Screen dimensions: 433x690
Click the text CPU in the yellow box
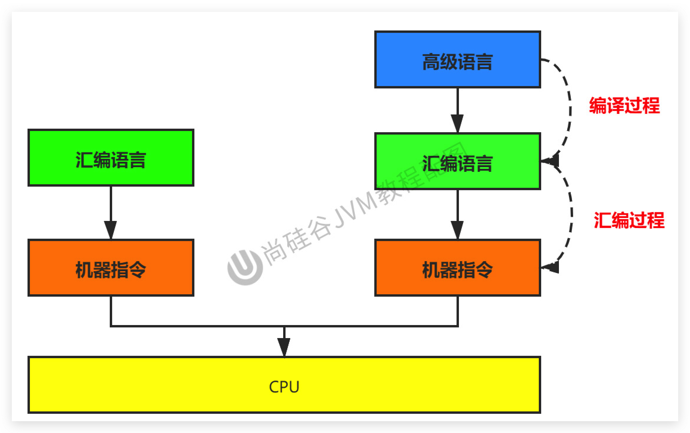click(x=284, y=387)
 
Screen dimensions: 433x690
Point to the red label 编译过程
click(x=624, y=106)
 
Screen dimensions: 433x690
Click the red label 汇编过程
click(x=629, y=220)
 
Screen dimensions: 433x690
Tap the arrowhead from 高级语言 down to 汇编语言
click(x=457, y=123)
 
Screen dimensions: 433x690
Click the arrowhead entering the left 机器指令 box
click(x=111, y=230)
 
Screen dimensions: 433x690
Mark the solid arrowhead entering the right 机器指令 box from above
click(x=457, y=230)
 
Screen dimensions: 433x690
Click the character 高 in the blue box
click(x=431, y=62)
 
